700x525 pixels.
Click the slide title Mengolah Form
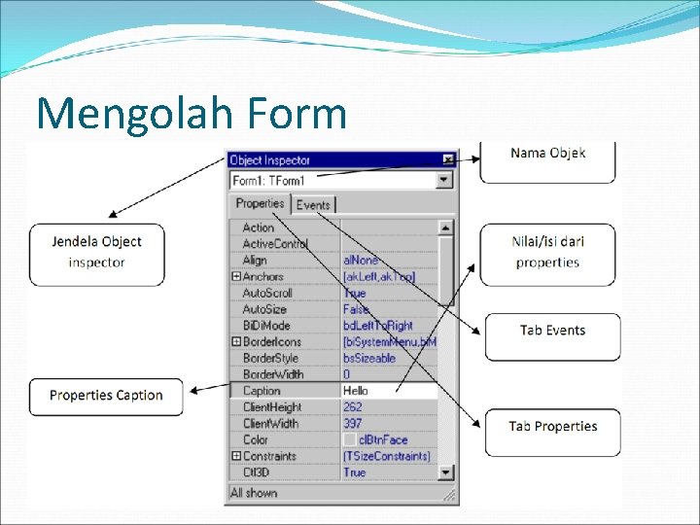tap(192, 113)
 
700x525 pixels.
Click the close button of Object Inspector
tap(447, 159)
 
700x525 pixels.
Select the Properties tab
tap(260, 203)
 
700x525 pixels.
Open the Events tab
tap(313, 204)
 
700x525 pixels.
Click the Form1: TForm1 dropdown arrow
tap(444, 180)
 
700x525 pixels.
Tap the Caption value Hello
tap(356, 391)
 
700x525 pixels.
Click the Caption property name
tap(262, 391)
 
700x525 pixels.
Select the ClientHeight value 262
tap(353, 407)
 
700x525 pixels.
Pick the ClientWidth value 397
tap(353, 424)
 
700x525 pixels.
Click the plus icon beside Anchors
tap(235, 277)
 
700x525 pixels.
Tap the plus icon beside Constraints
tap(235, 456)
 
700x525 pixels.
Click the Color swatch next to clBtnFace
tap(350, 440)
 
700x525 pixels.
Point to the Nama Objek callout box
tap(547, 161)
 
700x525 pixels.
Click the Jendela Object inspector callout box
tap(97, 253)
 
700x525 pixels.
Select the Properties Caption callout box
tap(106, 396)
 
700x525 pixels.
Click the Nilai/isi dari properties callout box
tap(547, 253)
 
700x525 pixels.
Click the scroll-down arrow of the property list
tap(445, 472)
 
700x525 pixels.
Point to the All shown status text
tap(254, 493)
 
